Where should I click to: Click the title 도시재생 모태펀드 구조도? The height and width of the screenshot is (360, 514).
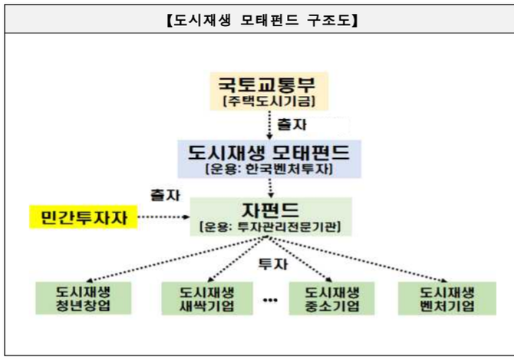[x=262, y=20]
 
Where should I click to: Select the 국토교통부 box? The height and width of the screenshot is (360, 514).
[x=269, y=91]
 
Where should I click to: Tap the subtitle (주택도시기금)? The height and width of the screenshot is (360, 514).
[x=269, y=101]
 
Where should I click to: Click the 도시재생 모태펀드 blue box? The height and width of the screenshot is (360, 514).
[x=269, y=159]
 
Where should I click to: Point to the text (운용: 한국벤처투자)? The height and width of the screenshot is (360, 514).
[x=269, y=169]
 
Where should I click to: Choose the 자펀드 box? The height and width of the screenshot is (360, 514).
[x=271, y=216]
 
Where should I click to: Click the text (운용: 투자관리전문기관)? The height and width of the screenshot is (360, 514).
[x=271, y=226]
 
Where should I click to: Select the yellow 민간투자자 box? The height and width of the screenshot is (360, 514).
[x=84, y=217]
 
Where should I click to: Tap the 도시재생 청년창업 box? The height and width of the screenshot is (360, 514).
[x=84, y=299]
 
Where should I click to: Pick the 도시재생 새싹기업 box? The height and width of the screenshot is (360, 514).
[x=207, y=299]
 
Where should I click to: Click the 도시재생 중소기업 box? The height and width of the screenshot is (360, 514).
[x=331, y=299]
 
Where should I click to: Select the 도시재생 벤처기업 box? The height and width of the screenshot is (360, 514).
[x=447, y=299]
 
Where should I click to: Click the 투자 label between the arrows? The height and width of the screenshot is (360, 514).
[x=273, y=264]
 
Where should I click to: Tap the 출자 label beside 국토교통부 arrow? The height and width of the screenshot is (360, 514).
[x=292, y=124]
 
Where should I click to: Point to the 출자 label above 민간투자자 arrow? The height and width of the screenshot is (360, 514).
[x=165, y=195]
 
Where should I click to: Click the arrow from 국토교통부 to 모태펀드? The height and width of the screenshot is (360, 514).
[x=269, y=125]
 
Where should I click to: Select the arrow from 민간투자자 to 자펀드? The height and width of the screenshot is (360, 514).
[x=164, y=216]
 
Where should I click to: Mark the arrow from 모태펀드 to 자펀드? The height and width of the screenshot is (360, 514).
[x=271, y=188]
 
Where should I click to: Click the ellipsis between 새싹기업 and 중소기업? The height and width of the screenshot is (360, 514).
[x=271, y=300]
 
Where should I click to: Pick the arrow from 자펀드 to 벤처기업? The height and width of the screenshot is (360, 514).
[x=358, y=259]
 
